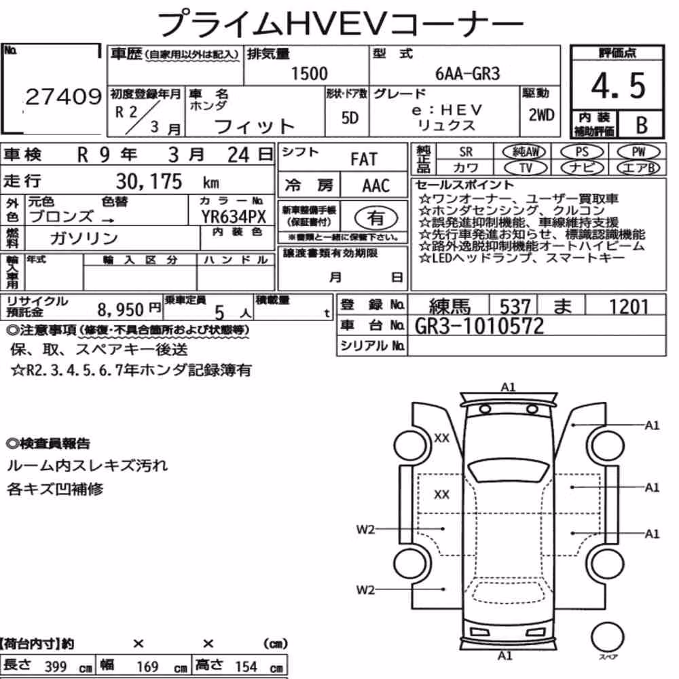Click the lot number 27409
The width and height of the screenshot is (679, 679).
point(64,96)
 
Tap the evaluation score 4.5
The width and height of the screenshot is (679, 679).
point(618,86)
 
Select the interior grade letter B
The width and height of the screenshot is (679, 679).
point(642,125)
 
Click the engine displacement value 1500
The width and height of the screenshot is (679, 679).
point(309,73)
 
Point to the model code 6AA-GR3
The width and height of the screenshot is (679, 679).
point(467,74)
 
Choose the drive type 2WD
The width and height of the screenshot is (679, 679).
point(541,115)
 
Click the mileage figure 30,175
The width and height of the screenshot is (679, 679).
point(149,181)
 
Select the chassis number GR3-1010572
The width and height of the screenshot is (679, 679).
point(479,326)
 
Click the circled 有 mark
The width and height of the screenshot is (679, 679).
point(376,218)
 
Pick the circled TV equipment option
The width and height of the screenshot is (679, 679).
point(526,168)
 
